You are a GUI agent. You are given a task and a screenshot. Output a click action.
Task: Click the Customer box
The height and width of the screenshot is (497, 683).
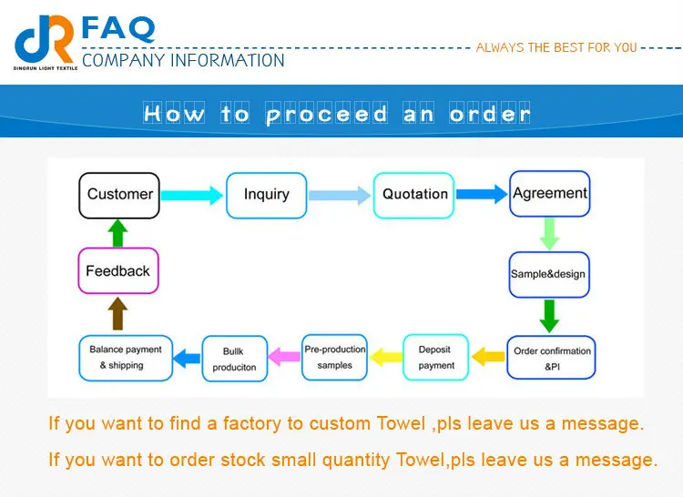119,195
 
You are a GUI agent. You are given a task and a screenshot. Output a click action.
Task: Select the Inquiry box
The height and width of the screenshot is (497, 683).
266,195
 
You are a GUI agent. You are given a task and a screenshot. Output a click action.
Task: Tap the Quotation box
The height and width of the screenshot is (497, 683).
414,195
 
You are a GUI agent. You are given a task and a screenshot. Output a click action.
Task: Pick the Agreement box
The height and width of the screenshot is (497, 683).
549,194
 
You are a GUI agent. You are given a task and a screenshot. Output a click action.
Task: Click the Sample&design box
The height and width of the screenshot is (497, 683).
548,274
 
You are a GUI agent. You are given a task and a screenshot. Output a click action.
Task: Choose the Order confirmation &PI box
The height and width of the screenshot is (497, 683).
552,358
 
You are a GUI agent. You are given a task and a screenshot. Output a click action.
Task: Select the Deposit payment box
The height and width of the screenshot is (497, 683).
436,358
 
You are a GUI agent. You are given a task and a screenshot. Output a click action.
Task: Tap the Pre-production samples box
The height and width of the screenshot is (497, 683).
334,358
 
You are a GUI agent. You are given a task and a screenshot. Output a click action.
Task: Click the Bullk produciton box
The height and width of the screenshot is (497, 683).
234,359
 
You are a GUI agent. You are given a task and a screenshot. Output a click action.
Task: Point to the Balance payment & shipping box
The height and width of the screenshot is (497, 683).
125,358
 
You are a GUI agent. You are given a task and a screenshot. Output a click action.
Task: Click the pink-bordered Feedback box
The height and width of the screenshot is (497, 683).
117,271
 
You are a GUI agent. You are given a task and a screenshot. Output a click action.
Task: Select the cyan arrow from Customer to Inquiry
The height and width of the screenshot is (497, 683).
192,194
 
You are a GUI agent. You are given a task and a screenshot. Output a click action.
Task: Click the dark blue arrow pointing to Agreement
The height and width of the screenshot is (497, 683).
482,194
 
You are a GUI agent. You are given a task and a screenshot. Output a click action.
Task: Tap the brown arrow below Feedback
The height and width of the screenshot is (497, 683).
117,314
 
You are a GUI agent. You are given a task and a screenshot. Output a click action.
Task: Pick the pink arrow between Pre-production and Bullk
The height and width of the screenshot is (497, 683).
288,358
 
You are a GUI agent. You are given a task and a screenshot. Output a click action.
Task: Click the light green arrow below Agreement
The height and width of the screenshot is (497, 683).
549,233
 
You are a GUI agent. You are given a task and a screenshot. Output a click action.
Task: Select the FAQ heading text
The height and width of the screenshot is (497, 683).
118,27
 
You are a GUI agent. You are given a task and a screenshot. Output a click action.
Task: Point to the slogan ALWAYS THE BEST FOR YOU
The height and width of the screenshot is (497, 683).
556,47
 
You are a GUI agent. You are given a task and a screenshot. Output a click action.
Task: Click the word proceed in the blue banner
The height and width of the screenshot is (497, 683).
327,114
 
